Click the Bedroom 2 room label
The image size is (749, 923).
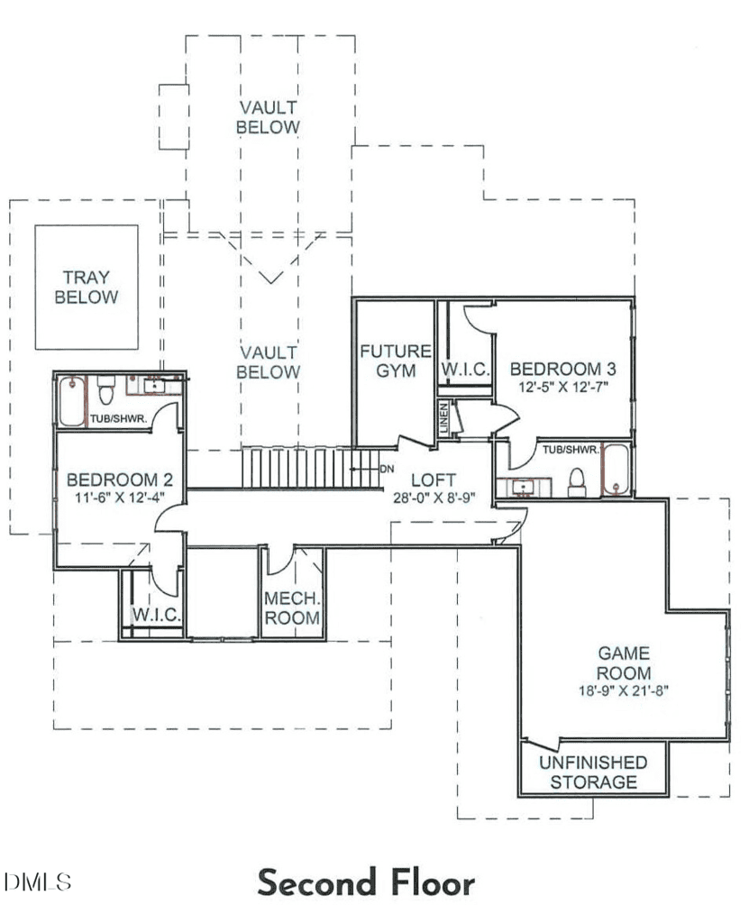[120, 480]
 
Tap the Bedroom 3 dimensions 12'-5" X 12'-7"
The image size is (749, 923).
[563, 387]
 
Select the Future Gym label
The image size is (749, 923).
[396, 361]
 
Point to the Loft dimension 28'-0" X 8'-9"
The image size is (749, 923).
[434, 498]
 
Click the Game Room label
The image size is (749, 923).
[624, 663]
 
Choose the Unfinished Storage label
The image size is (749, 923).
[594, 772]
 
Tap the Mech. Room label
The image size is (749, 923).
[292, 608]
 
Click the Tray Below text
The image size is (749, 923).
[86, 287]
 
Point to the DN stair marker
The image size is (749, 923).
[387, 469]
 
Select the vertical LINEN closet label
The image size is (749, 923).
[444, 418]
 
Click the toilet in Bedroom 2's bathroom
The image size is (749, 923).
[106, 389]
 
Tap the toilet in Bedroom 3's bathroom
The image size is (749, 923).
[577, 483]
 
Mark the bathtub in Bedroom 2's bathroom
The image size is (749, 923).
[72, 401]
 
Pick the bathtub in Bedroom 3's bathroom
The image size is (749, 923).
[617, 470]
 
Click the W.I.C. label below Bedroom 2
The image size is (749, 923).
[156, 615]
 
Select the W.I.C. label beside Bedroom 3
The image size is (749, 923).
[465, 369]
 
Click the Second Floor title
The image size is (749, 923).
[366, 882]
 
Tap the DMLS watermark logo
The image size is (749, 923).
[37, 882]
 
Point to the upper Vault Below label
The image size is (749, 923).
[268, 117]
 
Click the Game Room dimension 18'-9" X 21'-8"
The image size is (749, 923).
[624, 690]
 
